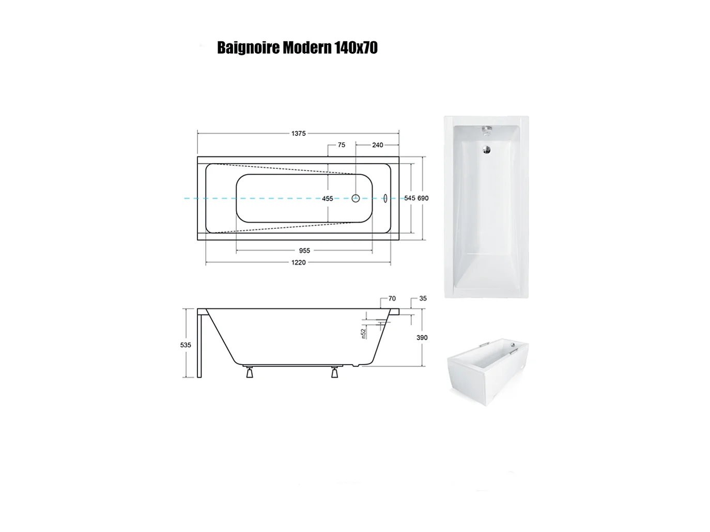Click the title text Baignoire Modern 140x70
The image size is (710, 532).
pyautogui.click(x=297, y=48)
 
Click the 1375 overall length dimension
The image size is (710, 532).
pyautogui.click(x=298, y=133)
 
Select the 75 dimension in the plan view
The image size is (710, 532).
pyautogui.click(x=341, y=145)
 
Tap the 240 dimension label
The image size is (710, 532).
pyautogui.click(x=378, y=145)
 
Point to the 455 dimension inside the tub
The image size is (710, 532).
pyautogui.click(x=328, y=198)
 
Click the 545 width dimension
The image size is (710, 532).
pyautogui.click(x=410, y=198)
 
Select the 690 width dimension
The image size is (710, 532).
pyautogui.click(x=423, y=198)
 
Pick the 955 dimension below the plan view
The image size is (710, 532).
pyautogui.click(x=304, y=251)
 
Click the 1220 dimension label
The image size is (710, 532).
pyautogui.click(x=298, y=262)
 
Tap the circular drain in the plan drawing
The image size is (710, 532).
pyautogui.click(x=356, y=198)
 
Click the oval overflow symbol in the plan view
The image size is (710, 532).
pyautogui.click(x=385, y=198)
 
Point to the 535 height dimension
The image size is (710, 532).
pyautogui.click(x=186, y=345)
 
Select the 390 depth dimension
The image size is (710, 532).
pyautogui.click(x=422, y=338)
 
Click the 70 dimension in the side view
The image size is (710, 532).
pyautogui.click(x=392, y=299)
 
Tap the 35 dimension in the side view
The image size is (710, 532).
pyautogui.click(x=423, y=299)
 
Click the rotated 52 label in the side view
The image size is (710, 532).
pyautogui.click(x=364, y=334)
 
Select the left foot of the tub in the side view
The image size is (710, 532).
pyautogui.click(x=249, y=372)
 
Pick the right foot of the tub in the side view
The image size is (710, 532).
pyautogui.click(x=334, y=372)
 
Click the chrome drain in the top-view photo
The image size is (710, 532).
pyautogui.click(x=486, y=150)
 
